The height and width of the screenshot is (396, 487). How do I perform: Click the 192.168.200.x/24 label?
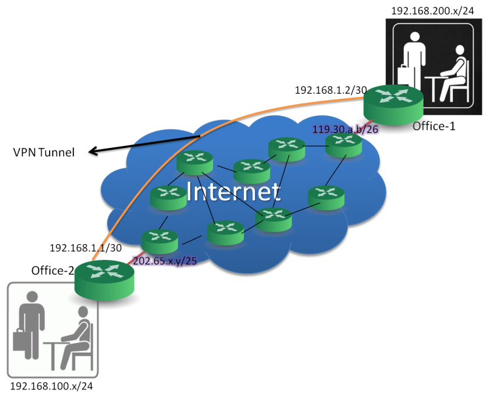click(x=432, y=11)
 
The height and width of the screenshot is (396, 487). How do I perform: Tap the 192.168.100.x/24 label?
click(x=52, y=386)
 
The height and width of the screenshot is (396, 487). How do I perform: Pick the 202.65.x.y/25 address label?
click(x=165, y=261)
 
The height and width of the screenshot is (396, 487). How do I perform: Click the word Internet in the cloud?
click(x=233, y=192)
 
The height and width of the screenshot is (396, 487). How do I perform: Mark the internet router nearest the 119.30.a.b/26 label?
click(x=343, y=145)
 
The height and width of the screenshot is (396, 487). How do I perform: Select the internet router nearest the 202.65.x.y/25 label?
click(x=160, y=242)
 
